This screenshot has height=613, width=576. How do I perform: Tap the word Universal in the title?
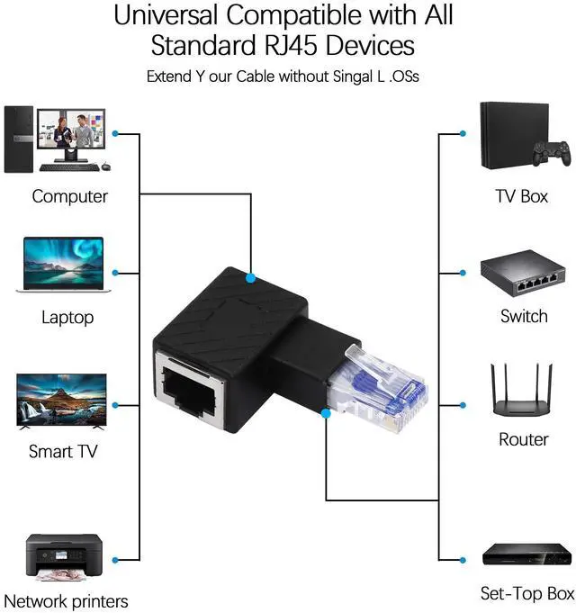166,15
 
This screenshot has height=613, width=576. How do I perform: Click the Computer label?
69,196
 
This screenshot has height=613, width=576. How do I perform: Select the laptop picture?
63,265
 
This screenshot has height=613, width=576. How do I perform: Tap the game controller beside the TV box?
553,153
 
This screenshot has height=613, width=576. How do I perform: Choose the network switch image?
523,274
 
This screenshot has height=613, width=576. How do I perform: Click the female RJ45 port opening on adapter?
189,391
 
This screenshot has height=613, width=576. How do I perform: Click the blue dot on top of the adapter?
251,278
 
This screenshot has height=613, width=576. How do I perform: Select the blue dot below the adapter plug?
326,413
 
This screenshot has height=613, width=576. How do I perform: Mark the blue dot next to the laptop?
115,273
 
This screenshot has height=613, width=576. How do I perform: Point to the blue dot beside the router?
463,405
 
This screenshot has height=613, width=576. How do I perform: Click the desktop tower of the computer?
18,140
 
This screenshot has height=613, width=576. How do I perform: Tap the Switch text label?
524,316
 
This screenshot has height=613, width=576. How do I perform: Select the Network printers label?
66,601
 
